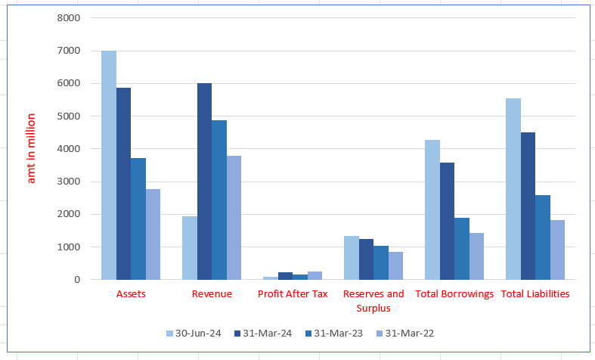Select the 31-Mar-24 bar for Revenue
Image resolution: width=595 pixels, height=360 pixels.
point(204,182)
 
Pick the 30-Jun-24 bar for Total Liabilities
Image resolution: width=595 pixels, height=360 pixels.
point(513,189)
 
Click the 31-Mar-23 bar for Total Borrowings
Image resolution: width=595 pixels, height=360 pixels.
point(461,249)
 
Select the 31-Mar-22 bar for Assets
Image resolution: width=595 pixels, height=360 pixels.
point(153,234)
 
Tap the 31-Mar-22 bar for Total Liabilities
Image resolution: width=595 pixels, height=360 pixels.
point(557,250)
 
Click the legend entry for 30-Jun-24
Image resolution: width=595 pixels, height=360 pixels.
point(194,333)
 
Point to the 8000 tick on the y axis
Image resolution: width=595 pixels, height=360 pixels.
point(68,18)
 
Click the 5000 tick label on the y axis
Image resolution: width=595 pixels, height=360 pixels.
point(68,116)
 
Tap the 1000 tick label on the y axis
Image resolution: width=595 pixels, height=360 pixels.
point(68,247)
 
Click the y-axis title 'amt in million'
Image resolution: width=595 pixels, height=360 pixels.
point(31,149)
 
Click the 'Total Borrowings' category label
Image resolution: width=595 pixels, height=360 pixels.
point(454,293)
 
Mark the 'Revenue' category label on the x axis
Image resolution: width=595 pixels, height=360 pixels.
point(212,293)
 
